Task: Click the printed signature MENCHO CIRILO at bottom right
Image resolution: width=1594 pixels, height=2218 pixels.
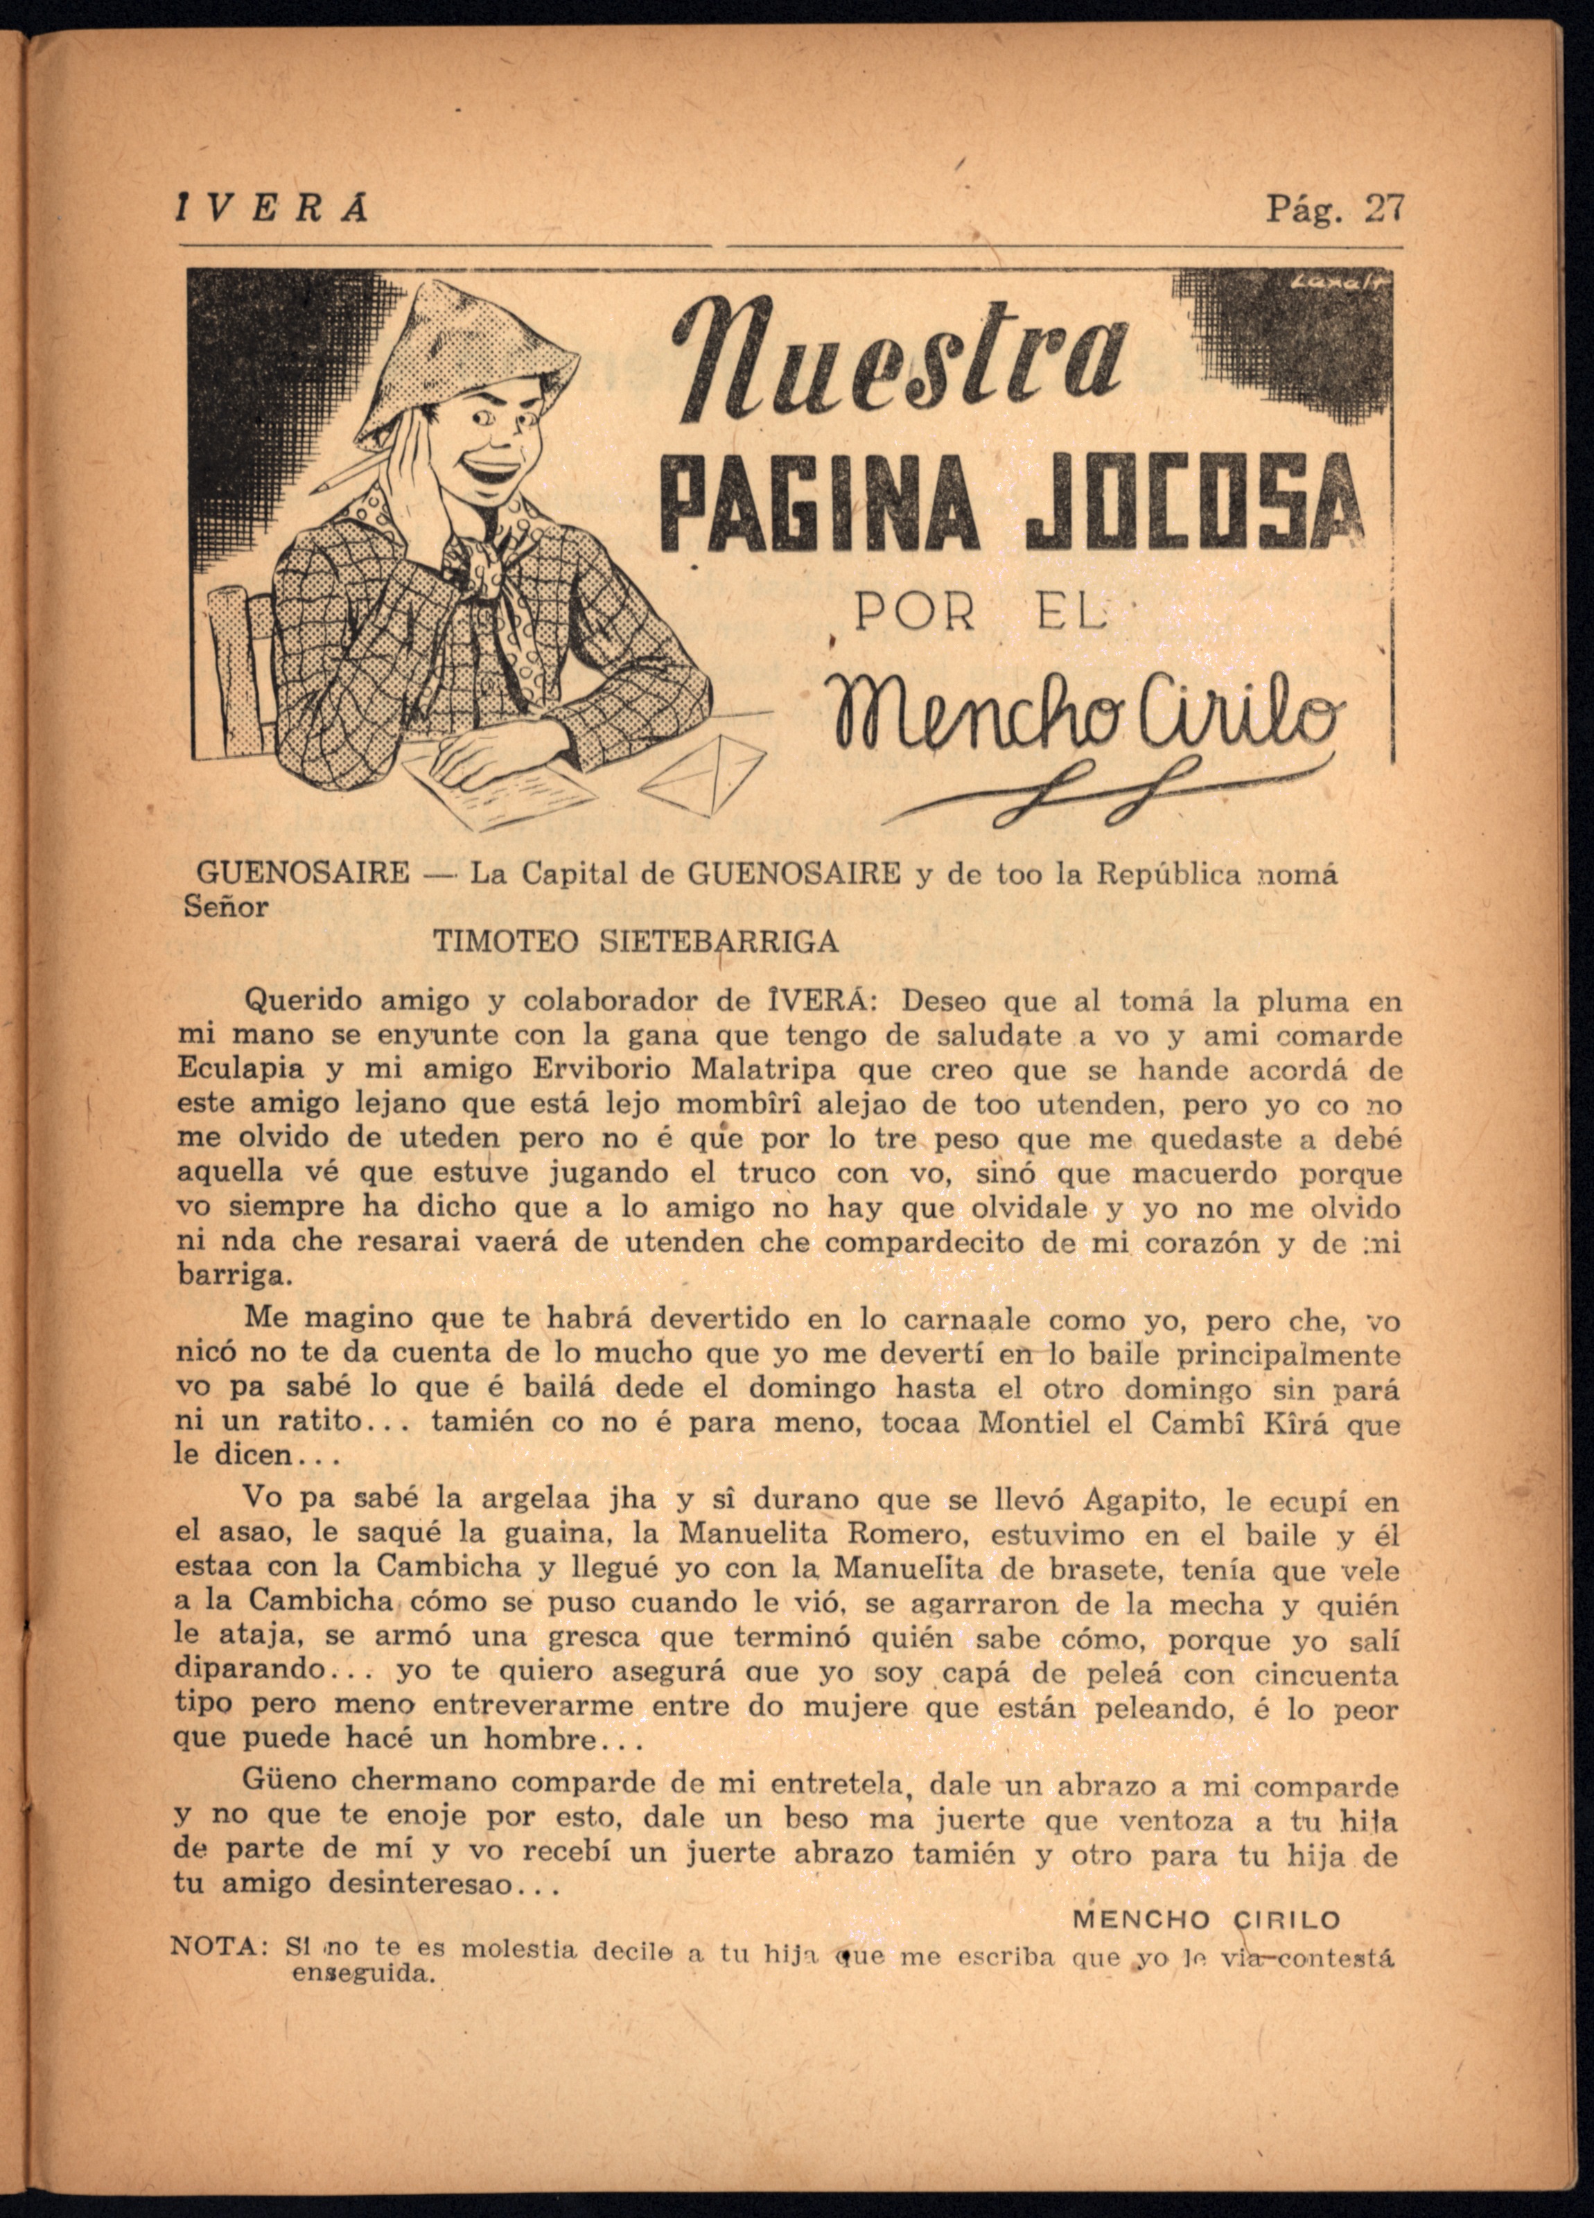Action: tap(1206, 1920)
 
